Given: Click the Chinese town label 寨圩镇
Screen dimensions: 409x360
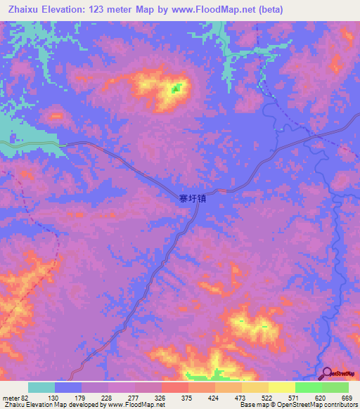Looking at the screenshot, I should [192, 199].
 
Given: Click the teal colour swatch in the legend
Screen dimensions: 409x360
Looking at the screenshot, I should [41, 387].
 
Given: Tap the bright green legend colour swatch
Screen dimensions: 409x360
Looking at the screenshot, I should [308, 387].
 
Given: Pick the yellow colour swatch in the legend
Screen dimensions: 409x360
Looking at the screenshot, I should [281, 387].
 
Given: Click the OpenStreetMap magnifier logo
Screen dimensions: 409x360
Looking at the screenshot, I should [326, 372].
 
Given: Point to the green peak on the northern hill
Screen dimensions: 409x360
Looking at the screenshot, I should [176, 89].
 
